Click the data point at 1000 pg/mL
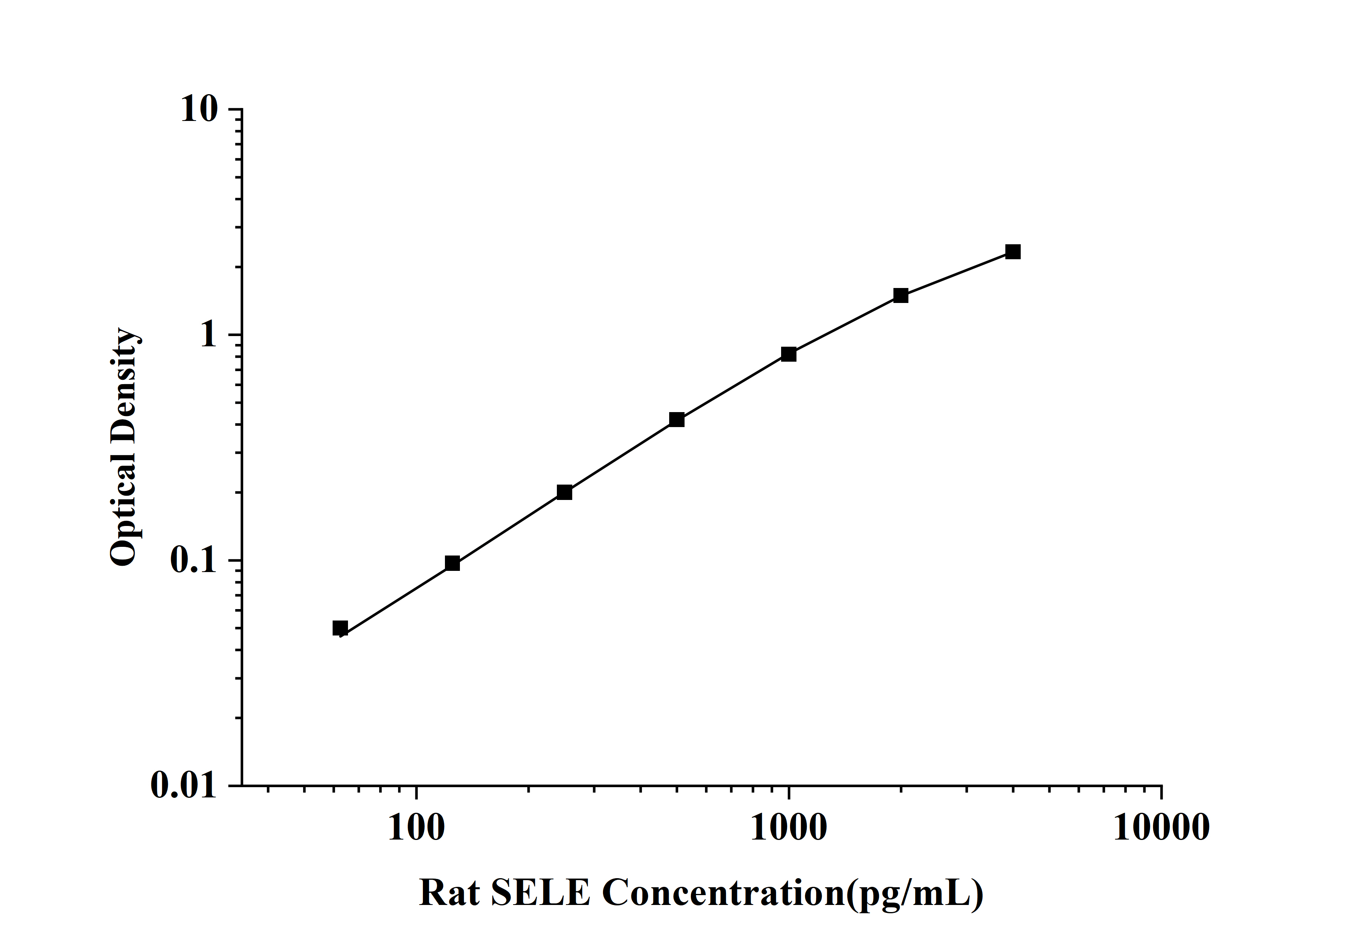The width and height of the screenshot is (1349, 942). click(x=789, y=354)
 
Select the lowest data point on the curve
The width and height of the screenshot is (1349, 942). click(x=340, y=628)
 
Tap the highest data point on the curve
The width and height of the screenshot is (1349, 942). click(x=1013, y=252)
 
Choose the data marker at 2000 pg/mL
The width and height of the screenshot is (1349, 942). click(x=901, y=295)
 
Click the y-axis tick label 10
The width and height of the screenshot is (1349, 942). click(x=199, y=109)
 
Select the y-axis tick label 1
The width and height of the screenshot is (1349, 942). click(x=208, y=335)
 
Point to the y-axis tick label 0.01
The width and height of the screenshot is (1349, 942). click(x=184, y=785)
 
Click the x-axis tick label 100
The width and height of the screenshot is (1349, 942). click(x=416, y=828)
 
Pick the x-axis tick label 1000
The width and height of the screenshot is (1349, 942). click(x=789, y=828)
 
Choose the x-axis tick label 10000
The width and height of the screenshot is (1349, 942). click(x=1161, y=828)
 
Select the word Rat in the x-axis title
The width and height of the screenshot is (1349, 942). click(x=448, y=893)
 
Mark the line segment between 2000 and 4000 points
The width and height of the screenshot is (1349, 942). click(x=956, y=274)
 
